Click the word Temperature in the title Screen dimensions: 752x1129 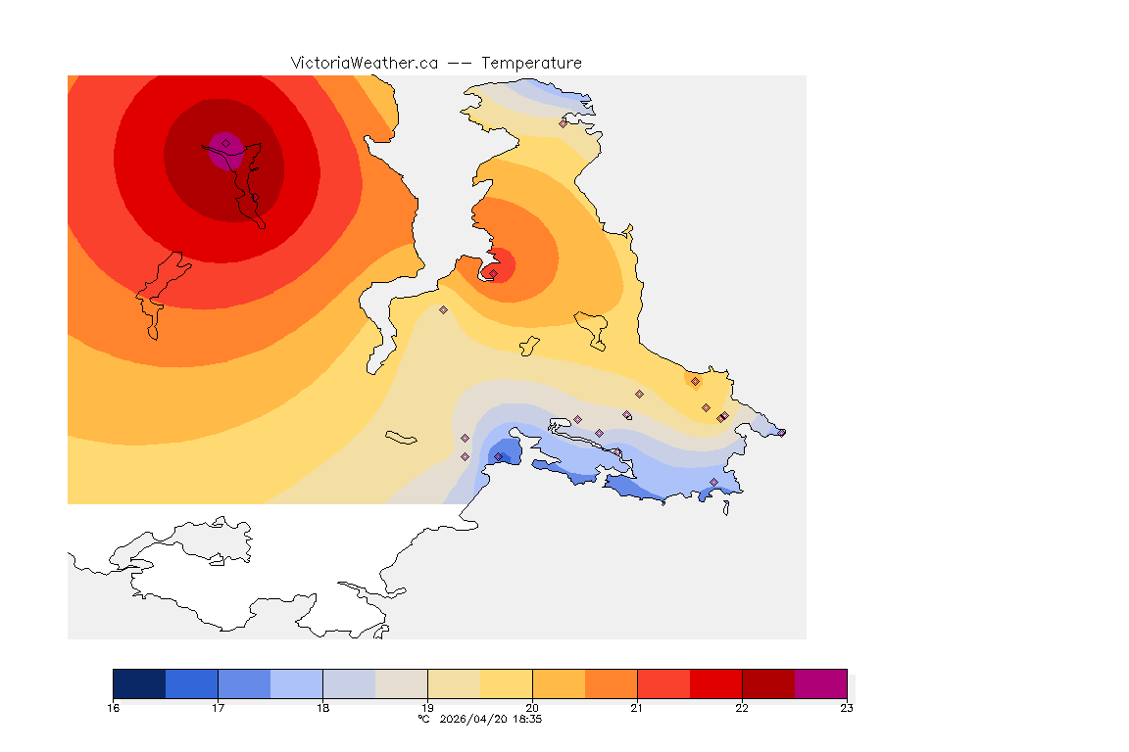pyautogui.click(x=531, y=63)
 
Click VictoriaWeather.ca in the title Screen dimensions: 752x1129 pyautogui.click(x=364, y=63)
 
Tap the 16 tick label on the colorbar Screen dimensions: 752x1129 pyautogui.click(x=114, y=708)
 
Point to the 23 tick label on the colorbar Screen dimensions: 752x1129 pyautogui.click(x=847, y=708)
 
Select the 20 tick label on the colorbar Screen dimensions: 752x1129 pyautogui.click(x=532, y=708)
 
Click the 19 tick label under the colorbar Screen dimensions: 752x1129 pyautogui.click(x=427, y=708)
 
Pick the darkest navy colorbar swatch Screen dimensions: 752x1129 pyautogui.click(x=139, y=683)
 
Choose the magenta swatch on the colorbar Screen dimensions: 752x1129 pyautogui.click(x=820, y=683)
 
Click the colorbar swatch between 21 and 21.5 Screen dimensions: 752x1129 pyautogui.click(x=663, y=683)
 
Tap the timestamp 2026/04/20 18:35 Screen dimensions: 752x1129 pyautogui.click(x=491, y=719)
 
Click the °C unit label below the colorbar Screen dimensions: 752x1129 pyautogui.click(x=423, y=719)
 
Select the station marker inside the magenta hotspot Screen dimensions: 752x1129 pyautogui.click(x=225, y=143)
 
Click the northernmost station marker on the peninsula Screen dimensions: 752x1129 pyautogui.click(x=563, y=123)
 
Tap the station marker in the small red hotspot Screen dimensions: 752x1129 pyautogui.click(x=493, y=273)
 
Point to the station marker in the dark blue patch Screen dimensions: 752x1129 pyautogui.click(x=498, y=457)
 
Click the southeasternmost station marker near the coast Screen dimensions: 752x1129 pyautogui.click(x=713, y=482)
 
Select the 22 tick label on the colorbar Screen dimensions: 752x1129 pyautogui.click(x=742, y=708)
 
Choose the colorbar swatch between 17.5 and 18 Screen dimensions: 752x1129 pyautogui.click(x=296, y=683)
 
